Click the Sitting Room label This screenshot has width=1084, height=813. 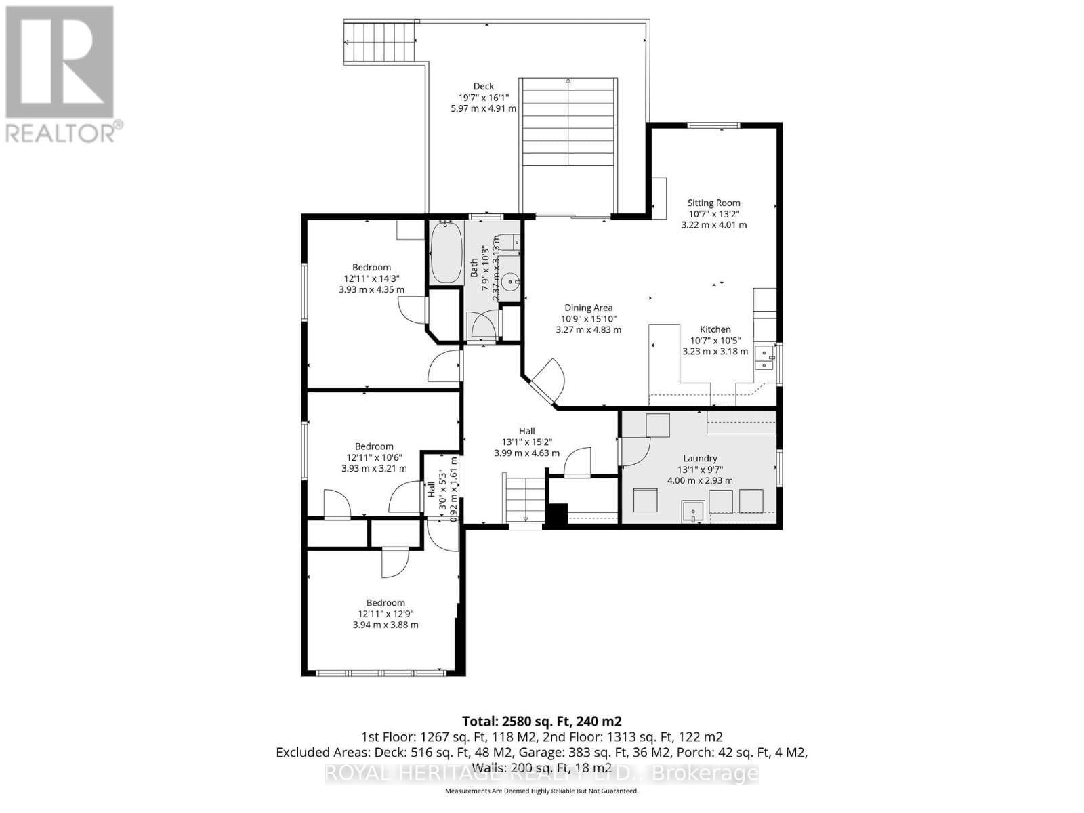pos(713,203)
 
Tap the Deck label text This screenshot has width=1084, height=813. pos(483,86)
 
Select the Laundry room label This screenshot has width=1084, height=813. pos(700,459)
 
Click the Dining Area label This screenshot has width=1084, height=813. pos(588,308)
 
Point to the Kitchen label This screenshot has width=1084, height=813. pos(715,329)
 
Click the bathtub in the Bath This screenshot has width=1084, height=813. pos(446,252)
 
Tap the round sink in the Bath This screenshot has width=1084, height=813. pos(510,278)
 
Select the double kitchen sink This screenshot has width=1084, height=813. pos(764,358)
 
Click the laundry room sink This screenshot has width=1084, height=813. pos(692,512)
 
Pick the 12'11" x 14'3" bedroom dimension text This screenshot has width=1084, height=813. pos(371,278)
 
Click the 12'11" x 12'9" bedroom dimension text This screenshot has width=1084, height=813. pos(385,614)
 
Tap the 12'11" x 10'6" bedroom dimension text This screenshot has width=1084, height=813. pos(374,457)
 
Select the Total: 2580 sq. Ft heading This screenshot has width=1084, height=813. pos(541,721)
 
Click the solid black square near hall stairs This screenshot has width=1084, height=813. pos(556,514)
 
